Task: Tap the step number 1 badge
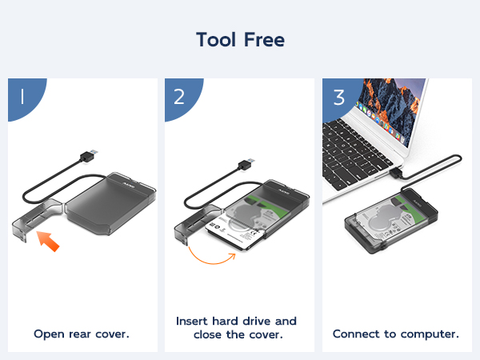coord(22,96)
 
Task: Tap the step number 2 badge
coord(179,96)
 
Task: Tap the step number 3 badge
coord(339,96)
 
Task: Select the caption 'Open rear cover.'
coord(82,334)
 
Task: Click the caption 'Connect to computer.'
coord(396,334)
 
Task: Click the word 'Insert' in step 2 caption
coord(194,321)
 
